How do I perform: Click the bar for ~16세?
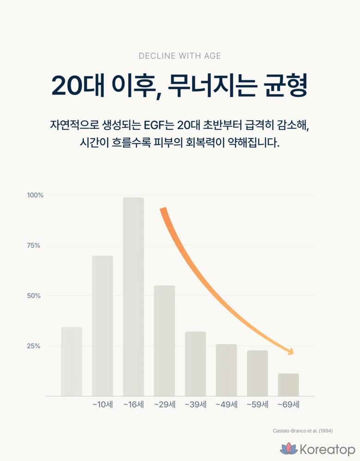click(133, 296)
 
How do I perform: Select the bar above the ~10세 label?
click(102, 326)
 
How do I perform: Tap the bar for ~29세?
click(164, 340)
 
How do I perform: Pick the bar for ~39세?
click(195, 363)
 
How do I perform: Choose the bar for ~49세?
click(226, 370)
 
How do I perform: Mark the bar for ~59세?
click(257, 373)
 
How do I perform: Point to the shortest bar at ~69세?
click(288, 384)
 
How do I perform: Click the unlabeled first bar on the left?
click(71, 361)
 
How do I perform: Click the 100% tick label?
click(35, 195)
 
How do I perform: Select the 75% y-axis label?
click(33, 246)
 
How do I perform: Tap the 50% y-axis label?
click(33, 296)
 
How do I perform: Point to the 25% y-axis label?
click(33, 346)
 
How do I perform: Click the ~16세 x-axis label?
click(134, 405)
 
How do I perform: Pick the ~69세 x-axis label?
click(288, 405)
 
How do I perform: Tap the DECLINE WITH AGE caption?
click(180, 56)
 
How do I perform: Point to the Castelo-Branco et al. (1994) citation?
click(303, 431)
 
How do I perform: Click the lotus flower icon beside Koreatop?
click(289, 449)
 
